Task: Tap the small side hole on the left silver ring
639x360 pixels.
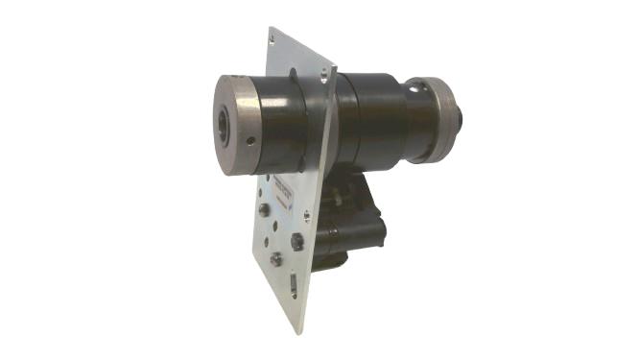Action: [251, 140]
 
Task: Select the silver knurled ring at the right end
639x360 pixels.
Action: [442, 120]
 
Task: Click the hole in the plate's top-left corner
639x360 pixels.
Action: [272, 38]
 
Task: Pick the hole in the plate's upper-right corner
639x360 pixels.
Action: [331, 69]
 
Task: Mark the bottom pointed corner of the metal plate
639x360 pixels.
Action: [304, 330]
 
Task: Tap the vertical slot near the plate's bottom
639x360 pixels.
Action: [294, 283]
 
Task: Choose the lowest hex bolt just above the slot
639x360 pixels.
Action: [275, 259]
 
